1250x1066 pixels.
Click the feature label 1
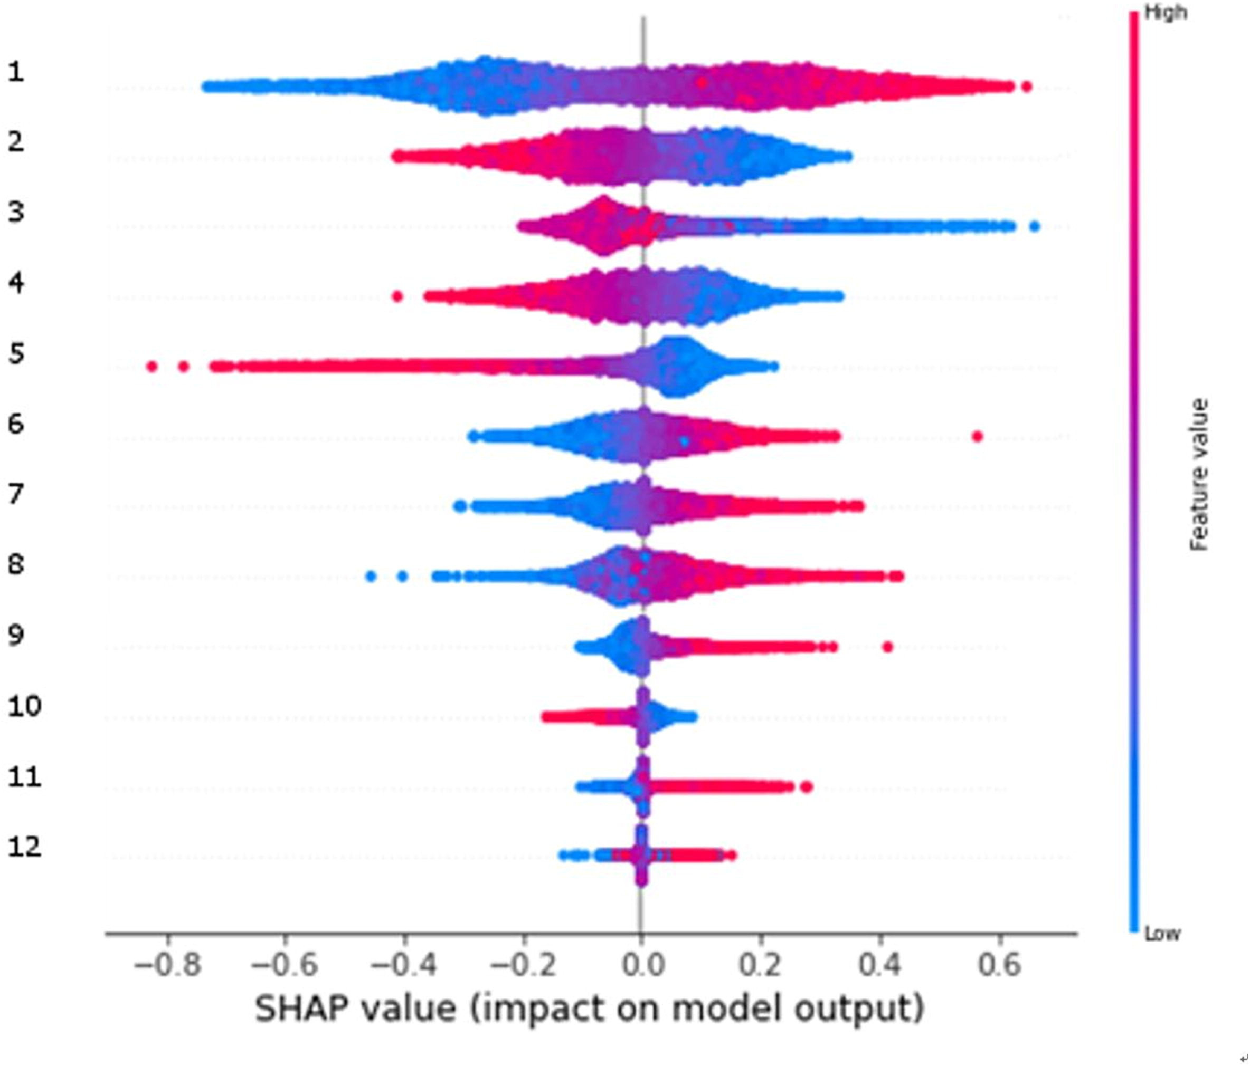pyautogui.click(x=16, y=73)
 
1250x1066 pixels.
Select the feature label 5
pyautogui.click(x=16, y=353)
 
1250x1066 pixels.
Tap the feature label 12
pyautogui.click(x=25, y=847)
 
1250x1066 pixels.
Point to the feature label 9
pyautogui.click(x=16, y=636)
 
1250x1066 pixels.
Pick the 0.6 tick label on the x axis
pyautogui.click(x=1000, y=965)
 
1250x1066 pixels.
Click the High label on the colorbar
pyautogui.click(x=1165, y=13)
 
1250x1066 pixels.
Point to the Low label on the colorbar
pyautogui.click(x=1162, y=935)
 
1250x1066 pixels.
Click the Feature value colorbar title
pyautogui.click(x=1199, y=475)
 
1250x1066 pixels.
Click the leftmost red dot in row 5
pyautogui.click(x=152, y=366)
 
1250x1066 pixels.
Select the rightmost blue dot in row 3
pyautogui.click(x=1035, y=227)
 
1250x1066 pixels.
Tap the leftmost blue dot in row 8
pyautogui.click(x=371, y=577)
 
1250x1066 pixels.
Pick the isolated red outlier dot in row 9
pyautogui.click(x=887, y=647)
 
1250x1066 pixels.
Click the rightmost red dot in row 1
pyautogui.click(x=1027, y=87)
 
